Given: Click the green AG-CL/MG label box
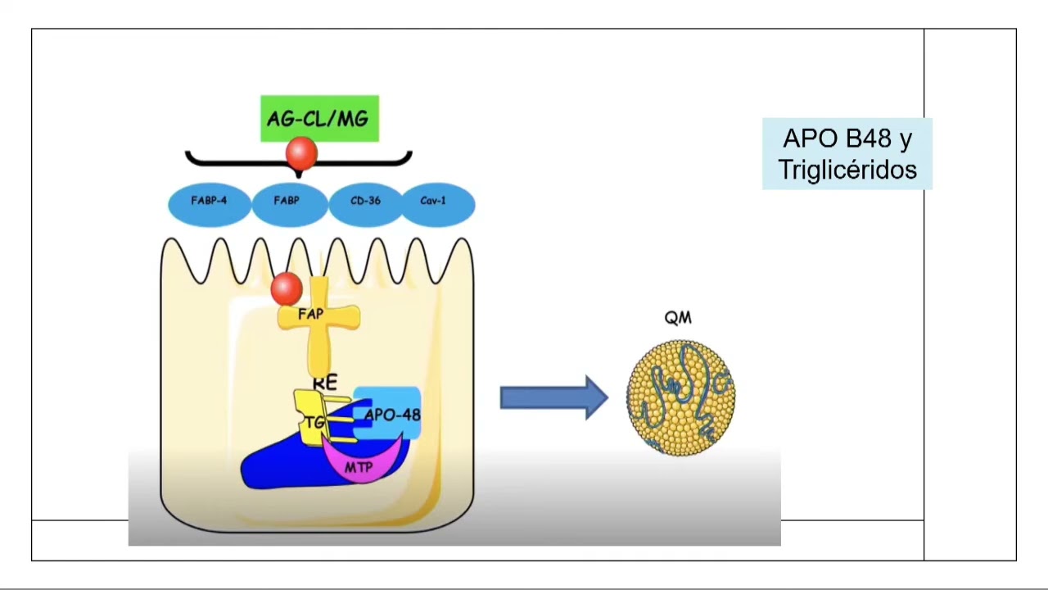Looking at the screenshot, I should (x=319, y=118).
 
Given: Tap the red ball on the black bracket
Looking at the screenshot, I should (x=301, y=153).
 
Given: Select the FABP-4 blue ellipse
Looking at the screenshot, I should (x=209, y=204).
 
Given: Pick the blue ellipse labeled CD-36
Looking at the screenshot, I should (x=364, y=204).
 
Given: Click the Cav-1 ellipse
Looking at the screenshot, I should (x=434, y=204).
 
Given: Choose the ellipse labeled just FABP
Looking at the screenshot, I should (x=287, y=204).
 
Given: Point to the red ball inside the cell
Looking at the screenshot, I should (x=286, y=288).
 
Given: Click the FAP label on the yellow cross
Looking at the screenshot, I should (x=311, y=315).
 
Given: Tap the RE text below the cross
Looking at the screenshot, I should (x=325, y=382).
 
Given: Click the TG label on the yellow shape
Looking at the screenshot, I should (x=315, y=424).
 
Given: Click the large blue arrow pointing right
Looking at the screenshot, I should (x=553, y=397).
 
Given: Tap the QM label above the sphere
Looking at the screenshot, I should (x=678, y=319).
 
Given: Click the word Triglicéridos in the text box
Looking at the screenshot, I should (x=847, y=170).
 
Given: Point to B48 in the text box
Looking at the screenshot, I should (x=863, y=138).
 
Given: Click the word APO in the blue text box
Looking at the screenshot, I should (x=806, y=138).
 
